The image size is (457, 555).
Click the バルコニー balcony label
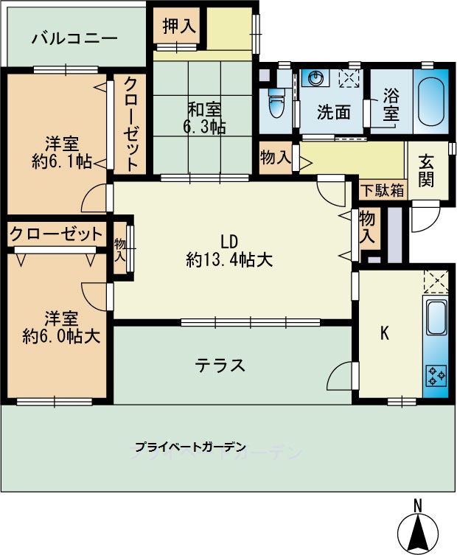(74, 38)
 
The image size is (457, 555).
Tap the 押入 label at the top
(178, 27)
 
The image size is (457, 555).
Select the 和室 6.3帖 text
(203, 118)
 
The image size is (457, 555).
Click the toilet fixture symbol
(276, 103)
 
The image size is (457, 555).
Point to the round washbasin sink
(317, 78)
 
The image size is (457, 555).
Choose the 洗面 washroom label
(333, 112)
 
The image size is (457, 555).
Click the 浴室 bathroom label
(391, 105)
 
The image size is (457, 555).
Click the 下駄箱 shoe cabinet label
(382, 189)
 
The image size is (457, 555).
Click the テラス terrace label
(220, 365)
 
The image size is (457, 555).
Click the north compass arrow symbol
(416, 529)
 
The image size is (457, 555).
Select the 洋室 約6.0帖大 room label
(61, 327)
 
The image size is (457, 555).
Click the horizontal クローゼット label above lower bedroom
(55, 235)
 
